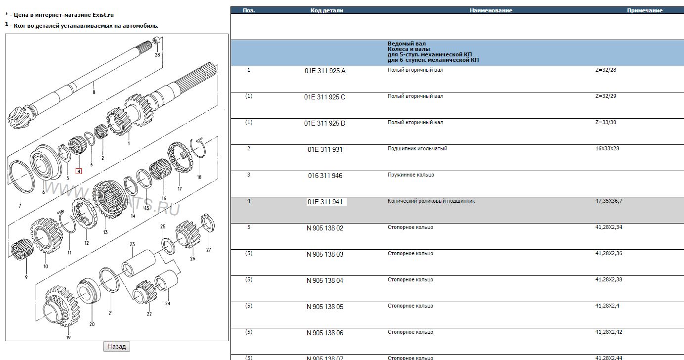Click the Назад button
(x=116, y=347)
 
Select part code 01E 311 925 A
(x=325, y=71)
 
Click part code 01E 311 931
(x=325, y=149)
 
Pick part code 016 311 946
(x=325, y=176)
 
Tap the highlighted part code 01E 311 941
(x=325, y=202)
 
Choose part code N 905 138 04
(x=325, y=280)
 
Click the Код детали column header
(x=326, y=10)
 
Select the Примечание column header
(x=644, y=10)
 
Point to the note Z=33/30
(x=605, y=122)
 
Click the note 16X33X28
(x=607, y=148)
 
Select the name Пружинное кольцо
(x=410, y=175)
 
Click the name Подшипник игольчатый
(x=417, y=148)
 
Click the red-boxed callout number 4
(x=78, y=172)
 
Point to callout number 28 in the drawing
(x=157, y=55)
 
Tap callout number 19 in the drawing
(x=68, y=337)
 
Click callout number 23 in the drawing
(x=132, y=244)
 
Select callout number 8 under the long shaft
(x=93, y=92)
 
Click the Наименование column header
(x=491, y=10)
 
